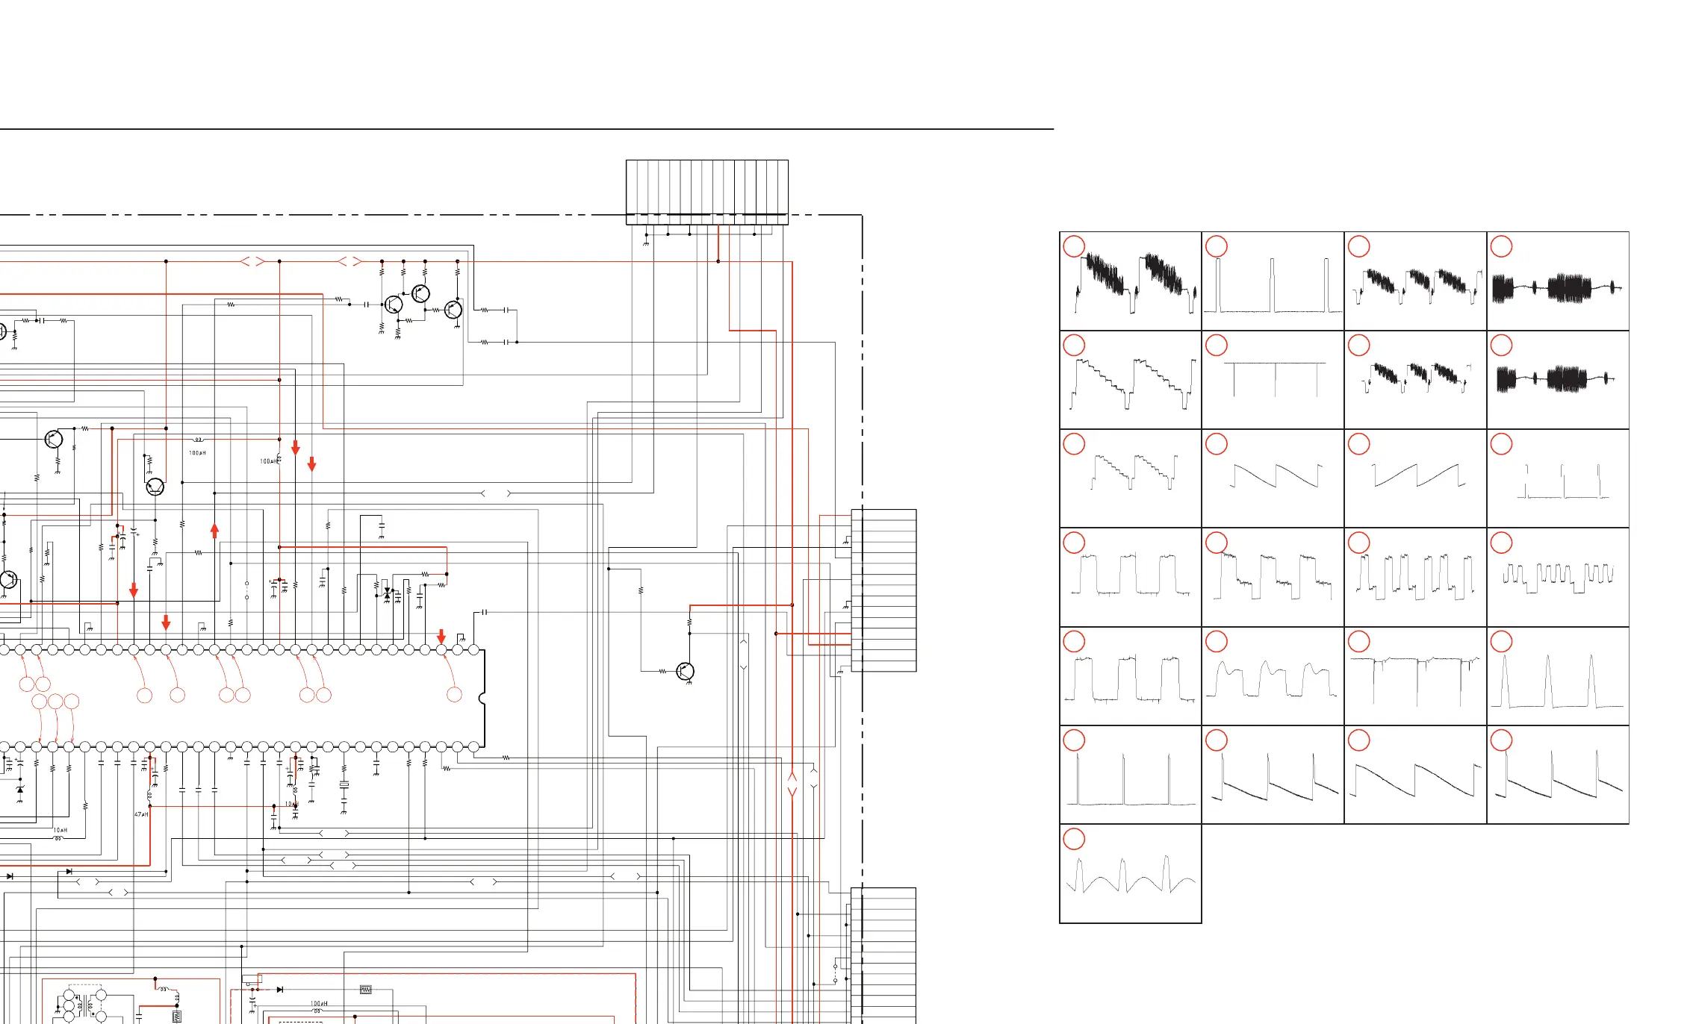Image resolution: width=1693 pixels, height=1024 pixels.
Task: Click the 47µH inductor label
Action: pos(141,814)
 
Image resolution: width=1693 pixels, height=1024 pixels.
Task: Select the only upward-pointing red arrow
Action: pos(215,531)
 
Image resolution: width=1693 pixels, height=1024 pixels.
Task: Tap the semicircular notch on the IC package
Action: pos(482,699)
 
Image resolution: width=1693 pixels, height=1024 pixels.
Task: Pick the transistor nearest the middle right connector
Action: pos(685,671)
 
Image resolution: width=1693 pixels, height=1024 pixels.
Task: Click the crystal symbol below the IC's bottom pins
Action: pos(344,785)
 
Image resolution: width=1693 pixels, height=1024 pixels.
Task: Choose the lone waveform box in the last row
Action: pos(1130,873)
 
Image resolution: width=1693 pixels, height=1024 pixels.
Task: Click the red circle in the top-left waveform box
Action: pos(1073,247)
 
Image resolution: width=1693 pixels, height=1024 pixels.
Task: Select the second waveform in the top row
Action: pos(1273,281)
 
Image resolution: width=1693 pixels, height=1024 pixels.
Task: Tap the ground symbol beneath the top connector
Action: pos(646,243)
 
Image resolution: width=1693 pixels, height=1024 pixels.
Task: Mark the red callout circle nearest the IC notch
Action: pos(454,695)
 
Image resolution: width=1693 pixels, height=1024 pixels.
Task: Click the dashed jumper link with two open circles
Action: pos(246,590)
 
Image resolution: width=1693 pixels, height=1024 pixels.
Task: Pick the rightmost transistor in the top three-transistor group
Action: pos(453,310)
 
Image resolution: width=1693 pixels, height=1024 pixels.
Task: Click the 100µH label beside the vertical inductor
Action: pos(269,461)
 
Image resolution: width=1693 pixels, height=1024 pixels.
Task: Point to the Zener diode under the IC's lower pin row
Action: pos(19,790)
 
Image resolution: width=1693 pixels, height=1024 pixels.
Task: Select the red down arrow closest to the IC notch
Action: pos(441,636)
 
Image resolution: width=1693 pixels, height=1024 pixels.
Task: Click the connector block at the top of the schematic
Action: pos(706,192)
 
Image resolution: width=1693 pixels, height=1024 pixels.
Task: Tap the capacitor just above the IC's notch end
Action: pos(485,612)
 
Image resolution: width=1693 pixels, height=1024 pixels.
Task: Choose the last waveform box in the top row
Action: pos(1558,281)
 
